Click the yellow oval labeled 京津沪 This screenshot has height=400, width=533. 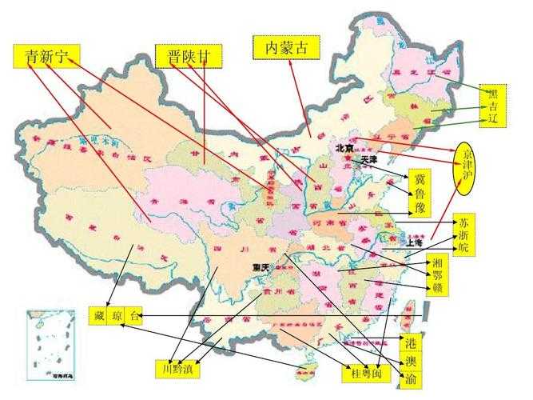(x=468, y=169)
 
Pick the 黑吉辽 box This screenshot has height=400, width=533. (x=493, y=106)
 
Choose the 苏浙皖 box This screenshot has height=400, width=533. (x=463, y=233)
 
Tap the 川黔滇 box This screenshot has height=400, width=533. (x=176, y=369)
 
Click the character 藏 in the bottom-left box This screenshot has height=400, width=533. (x=98, y=316)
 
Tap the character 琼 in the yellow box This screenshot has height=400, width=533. (x=117, y=316)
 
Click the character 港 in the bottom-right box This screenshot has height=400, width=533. (x=411, y=343)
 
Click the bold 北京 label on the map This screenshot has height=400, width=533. (x=344, y=148)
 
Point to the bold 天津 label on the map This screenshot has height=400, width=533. (x=368, y=160)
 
